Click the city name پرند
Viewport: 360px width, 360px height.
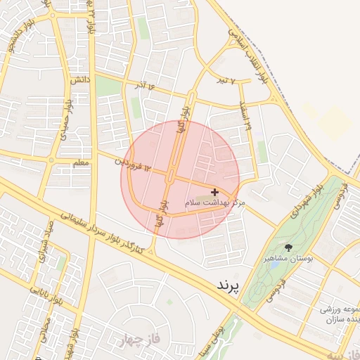[225, 285]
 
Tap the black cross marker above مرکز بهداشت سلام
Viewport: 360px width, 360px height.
[214, 192]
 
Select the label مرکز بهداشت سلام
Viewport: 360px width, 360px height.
[215, 202]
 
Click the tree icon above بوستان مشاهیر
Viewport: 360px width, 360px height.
[288, 247]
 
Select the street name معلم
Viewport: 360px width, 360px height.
[81, 163]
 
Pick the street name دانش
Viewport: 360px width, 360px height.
[79, 82]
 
